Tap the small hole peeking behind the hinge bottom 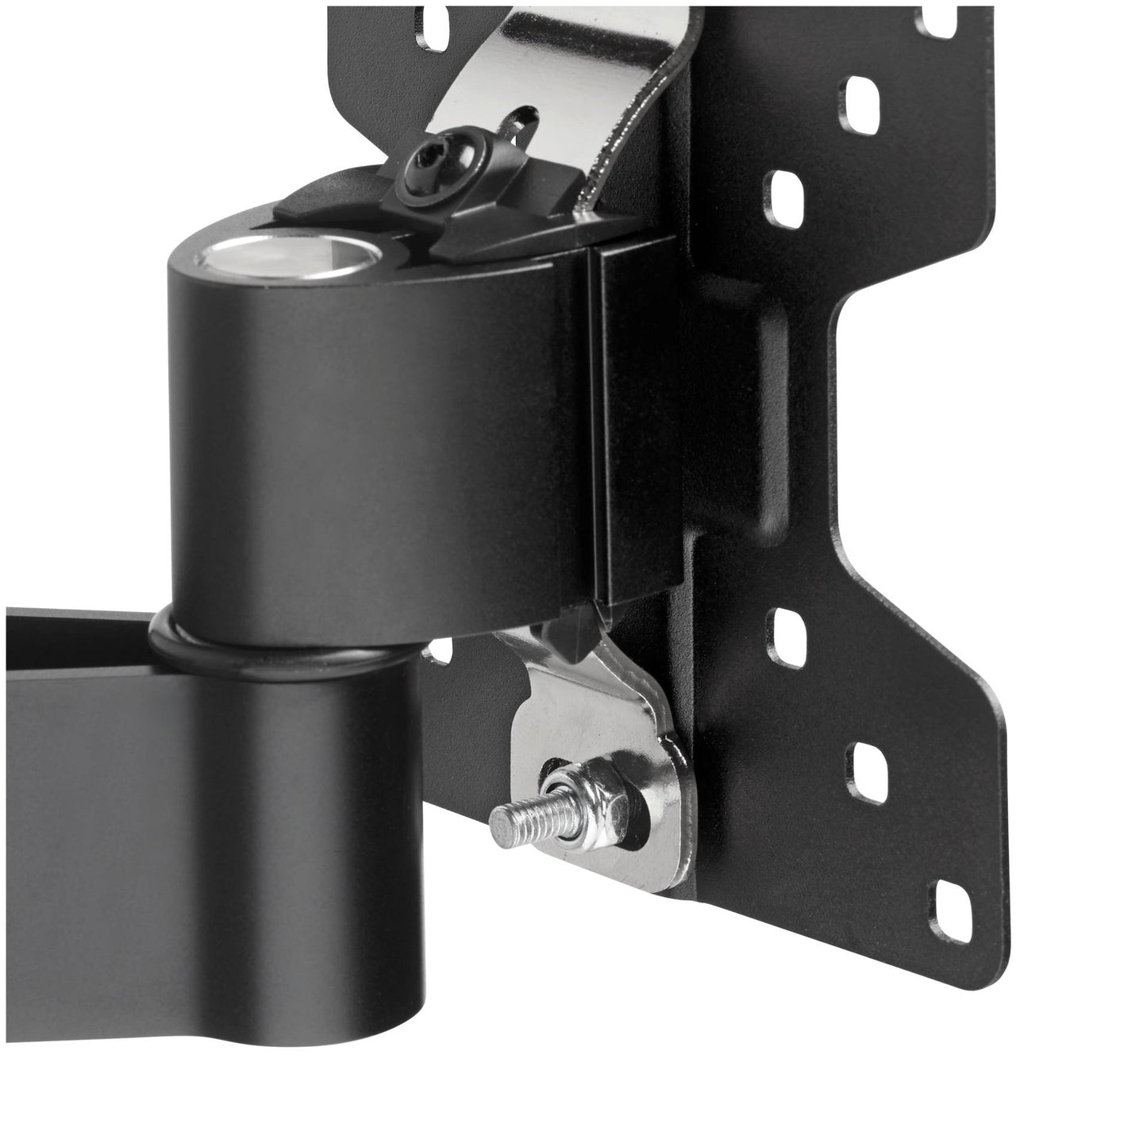(434, 653)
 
